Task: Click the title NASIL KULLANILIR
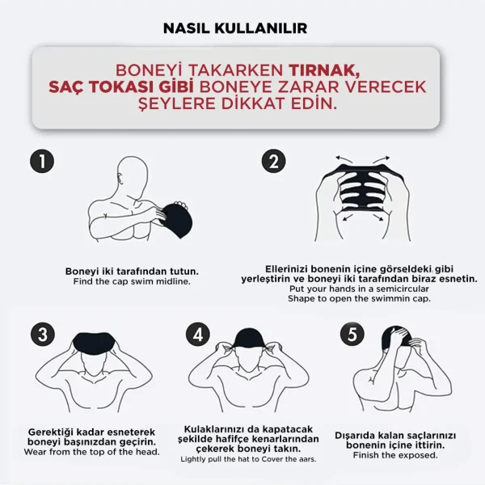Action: click(235, 28)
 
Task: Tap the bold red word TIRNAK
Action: click(324, 70)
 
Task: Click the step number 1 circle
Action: click(42, 161)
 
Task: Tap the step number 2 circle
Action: click(274, 161)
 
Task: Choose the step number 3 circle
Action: click(43, 335)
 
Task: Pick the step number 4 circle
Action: click(198, 335)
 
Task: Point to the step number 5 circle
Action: click(352, 335)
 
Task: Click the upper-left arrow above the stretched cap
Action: click(344, 159)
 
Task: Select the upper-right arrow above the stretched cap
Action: click(381, 159)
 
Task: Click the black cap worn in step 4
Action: click(248, 339)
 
